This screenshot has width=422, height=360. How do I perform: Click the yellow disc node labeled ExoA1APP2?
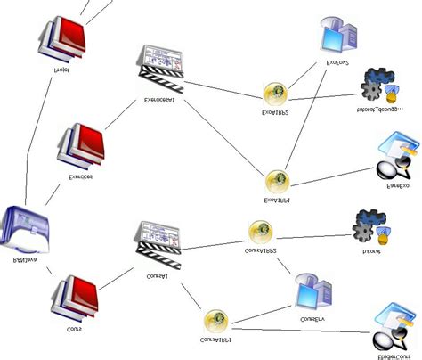(275, 94)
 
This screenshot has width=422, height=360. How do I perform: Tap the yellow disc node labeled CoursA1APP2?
(260, 232)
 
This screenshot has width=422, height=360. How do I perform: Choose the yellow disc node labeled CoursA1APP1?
(215, 320)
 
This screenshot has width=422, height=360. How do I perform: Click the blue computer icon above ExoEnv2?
(338, 36)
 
